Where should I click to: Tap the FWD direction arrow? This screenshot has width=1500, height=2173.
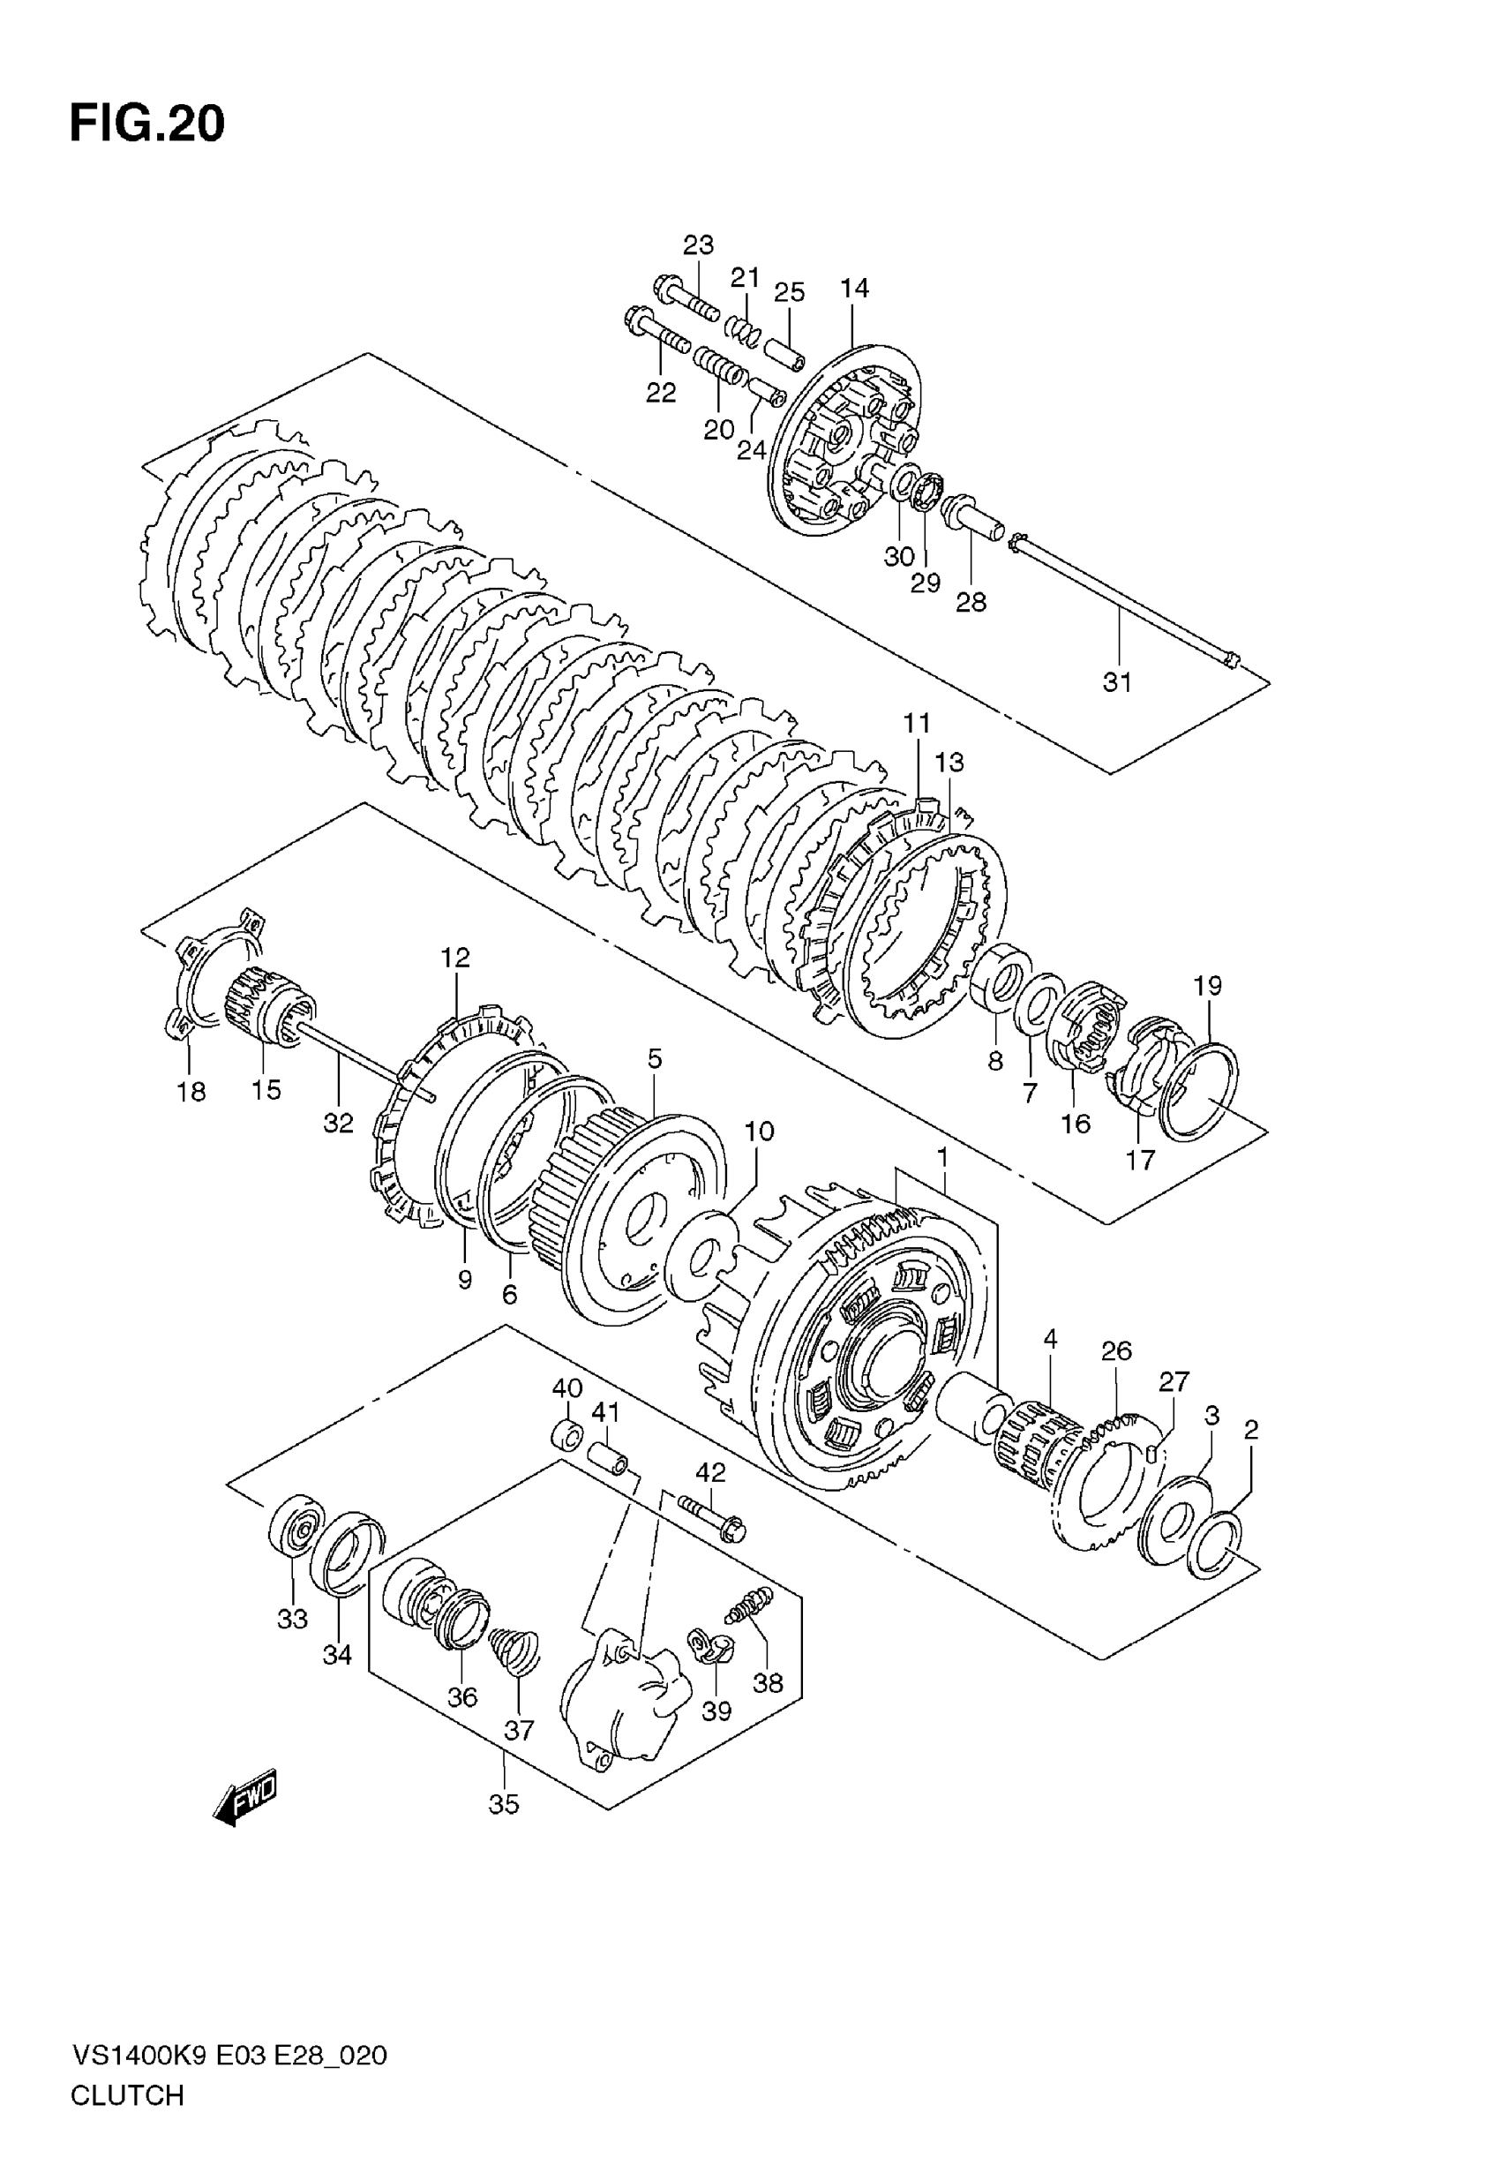tap(246, 1799)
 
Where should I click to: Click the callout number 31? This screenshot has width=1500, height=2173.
tap(1116, 682)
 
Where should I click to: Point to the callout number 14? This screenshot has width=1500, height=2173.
tap(854, 288)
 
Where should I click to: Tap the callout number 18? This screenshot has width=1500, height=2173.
tap(191, 1091)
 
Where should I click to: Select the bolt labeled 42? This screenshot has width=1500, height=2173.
tap(710, 1515)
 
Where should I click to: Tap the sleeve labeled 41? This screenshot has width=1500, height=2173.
tap(611, 1462)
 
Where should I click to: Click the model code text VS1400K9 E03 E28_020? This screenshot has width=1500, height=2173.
tap(229, 2056)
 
